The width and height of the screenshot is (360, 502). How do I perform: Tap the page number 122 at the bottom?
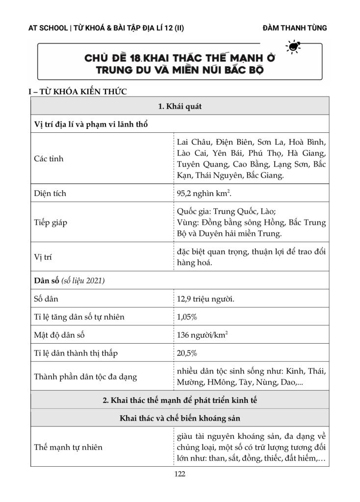click(180, 474)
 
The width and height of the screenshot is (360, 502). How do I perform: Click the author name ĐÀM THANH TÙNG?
click(295, 28)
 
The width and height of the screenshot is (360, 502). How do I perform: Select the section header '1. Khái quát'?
click(180, 106)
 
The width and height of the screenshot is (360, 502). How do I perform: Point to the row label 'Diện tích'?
click(50, 193)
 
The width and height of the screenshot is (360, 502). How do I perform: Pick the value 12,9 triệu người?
click(206, 299)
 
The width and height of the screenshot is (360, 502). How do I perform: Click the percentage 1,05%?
click(187, 317)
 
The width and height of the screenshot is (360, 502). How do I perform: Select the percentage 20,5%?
click(187, 353)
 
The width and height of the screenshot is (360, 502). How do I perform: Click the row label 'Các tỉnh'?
click(49, 159)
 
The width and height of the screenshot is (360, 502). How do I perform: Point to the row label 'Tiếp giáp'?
click(51, 223)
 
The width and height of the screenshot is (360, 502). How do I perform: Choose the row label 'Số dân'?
click(46, 299)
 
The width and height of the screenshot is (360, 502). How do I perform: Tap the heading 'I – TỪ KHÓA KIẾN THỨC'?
click(78, 92)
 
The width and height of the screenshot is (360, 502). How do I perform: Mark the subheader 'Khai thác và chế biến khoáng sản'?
click(180, 418)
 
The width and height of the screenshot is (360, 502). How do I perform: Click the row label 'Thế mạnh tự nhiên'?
click(68, 447)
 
